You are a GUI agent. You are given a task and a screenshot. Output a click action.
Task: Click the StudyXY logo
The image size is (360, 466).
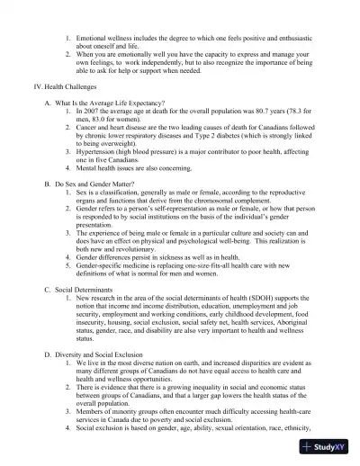pos(328,447)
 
